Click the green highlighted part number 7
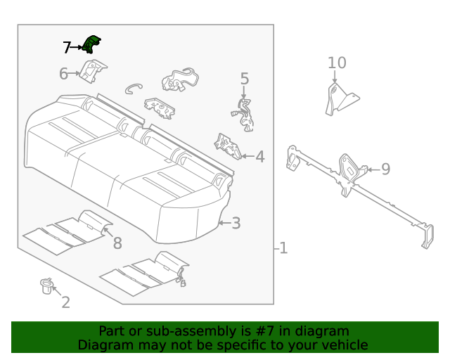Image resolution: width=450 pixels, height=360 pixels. pyautogui.click(x=91, y=45)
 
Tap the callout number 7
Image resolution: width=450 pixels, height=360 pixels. pyautogui.click(x=67, y=48)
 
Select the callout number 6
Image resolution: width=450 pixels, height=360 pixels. pyautogui.click(x=63, y=73)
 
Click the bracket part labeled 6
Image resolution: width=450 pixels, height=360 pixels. pyautogui.click(x=91, y=70)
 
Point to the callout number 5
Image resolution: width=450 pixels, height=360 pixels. pyautogui.click(x=245, y=79)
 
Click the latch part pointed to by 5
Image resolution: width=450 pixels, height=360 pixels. pyautogui.click(x=243, y=115)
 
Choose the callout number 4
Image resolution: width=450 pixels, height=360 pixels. pyautogui.click(x=259, y=157)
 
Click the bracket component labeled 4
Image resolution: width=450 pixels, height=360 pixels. pyautogui.click(x=227, y=146)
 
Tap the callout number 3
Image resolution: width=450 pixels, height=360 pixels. pyautogui.click(x=236, y=224)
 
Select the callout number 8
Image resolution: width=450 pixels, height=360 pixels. pyautogui.click(x=117, y=243)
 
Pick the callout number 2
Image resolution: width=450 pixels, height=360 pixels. pyautogui.click(x=65, y=303)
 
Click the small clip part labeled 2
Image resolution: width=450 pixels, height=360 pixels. pyautogui.click(x=46, y=285)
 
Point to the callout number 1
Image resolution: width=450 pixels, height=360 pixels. pyautogui.click(x=282, y=248)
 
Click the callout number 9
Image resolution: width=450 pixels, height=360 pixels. pyautogui.click(x=385, y=169)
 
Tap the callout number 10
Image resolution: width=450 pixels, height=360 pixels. pyautogui.click(x=337, y=63)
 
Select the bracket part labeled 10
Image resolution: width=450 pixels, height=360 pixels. pyautogui.click(x=339, y=99)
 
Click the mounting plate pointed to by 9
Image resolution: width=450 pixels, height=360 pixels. pyautogui.click(x=349, y=169)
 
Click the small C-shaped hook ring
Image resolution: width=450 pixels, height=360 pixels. pyautogui.click(x=134, y=88)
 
